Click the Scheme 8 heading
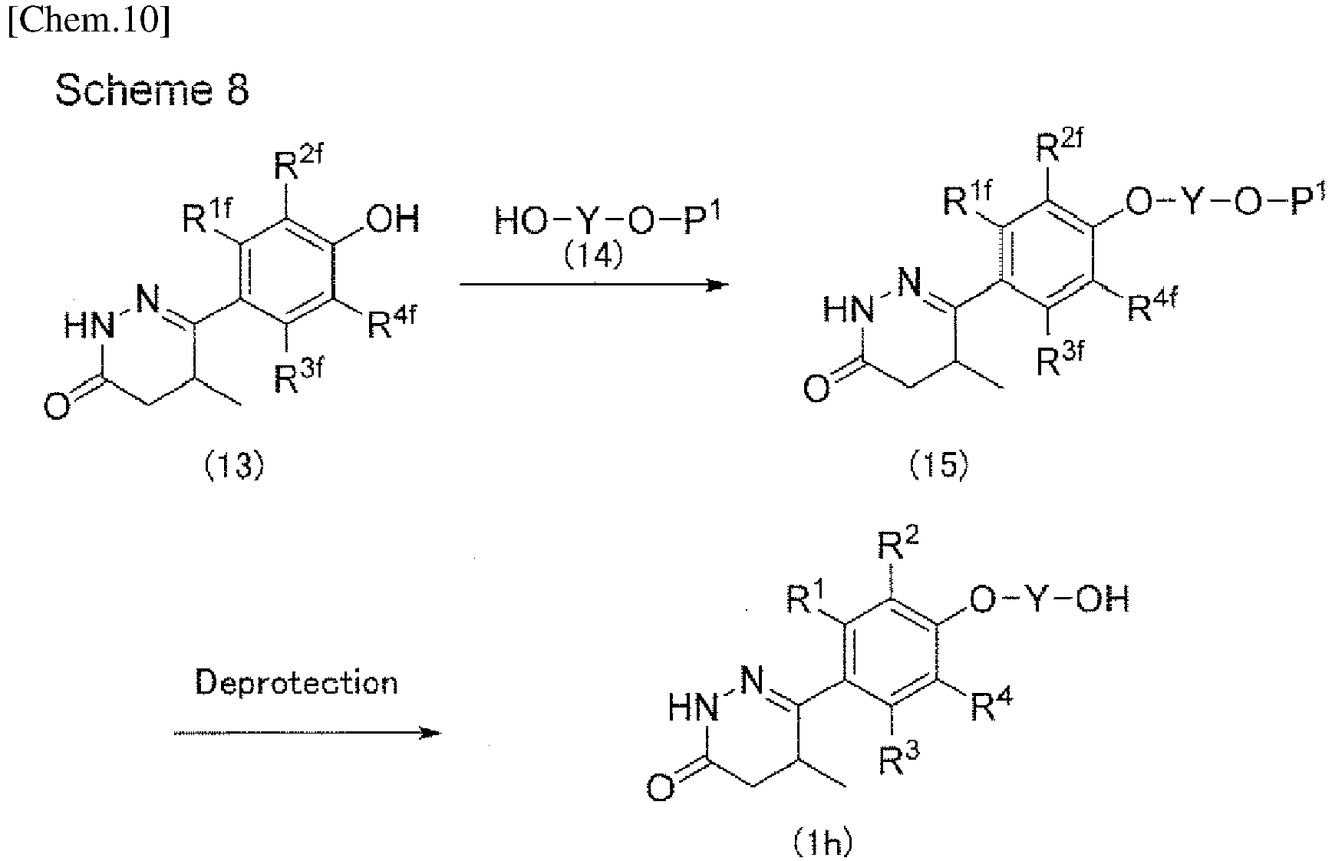[x=152, y=91]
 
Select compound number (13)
[x=234, y=467]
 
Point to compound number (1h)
[x=822, y=843]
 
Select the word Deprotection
[x=296, y=682]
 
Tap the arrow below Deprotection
[x=307, y=733]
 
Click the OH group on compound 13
[x=392, y=219]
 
